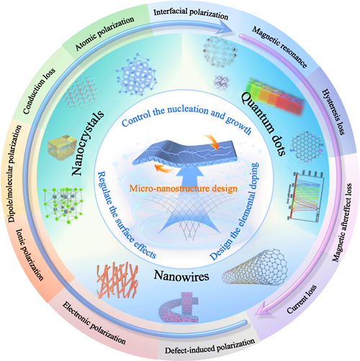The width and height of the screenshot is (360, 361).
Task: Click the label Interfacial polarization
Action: [x=191, y=14]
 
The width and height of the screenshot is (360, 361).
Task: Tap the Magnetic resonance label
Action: [x=279, y=47]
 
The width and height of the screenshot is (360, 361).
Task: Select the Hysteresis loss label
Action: [x=333, y=112]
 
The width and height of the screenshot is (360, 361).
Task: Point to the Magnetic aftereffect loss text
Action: [x=342, y=222]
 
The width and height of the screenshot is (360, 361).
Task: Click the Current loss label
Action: [x=302, y=299]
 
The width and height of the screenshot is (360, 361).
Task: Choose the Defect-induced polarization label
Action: [x=210, y=347]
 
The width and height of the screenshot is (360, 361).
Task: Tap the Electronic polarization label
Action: [x=94, y=323]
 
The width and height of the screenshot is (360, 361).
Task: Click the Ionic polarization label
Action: [x=30, y=255]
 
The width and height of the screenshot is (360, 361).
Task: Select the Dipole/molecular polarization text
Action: [x=15, y=174]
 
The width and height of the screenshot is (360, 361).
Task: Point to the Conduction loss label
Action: [x=39, y=91]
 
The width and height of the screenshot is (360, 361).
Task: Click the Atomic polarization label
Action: [x=104, y=33]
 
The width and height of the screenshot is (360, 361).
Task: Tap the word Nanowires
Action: [x=181, y=275]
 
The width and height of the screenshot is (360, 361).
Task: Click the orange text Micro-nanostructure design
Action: [x=184, y=188]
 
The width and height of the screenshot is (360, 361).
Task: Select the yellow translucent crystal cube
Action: [x=61, y=147]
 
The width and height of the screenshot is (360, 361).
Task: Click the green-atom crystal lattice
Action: [x=64, y=205]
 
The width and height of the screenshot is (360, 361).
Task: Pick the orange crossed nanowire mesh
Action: [x=117, y=280]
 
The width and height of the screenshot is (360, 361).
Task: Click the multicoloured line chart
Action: [x=307, y=196]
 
